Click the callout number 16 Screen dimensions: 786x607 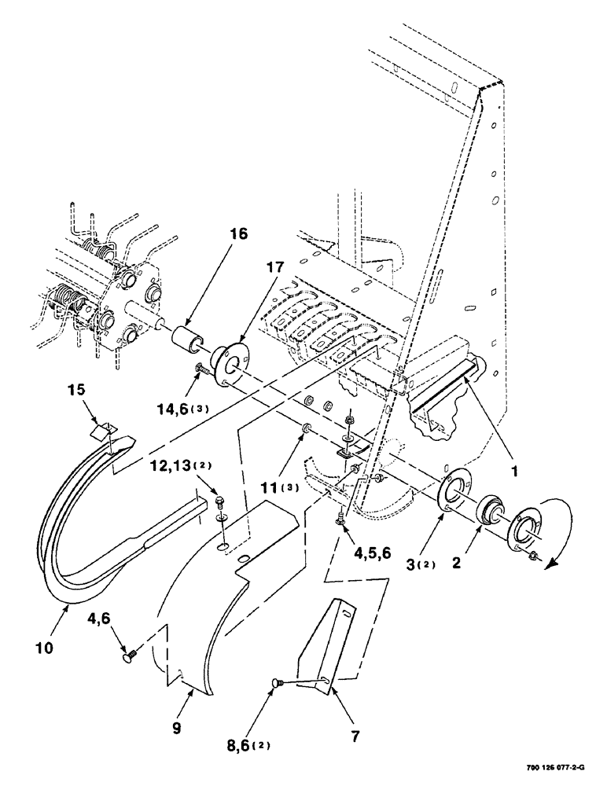[x=238, y=234]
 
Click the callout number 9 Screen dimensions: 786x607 [x=176, y=728]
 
